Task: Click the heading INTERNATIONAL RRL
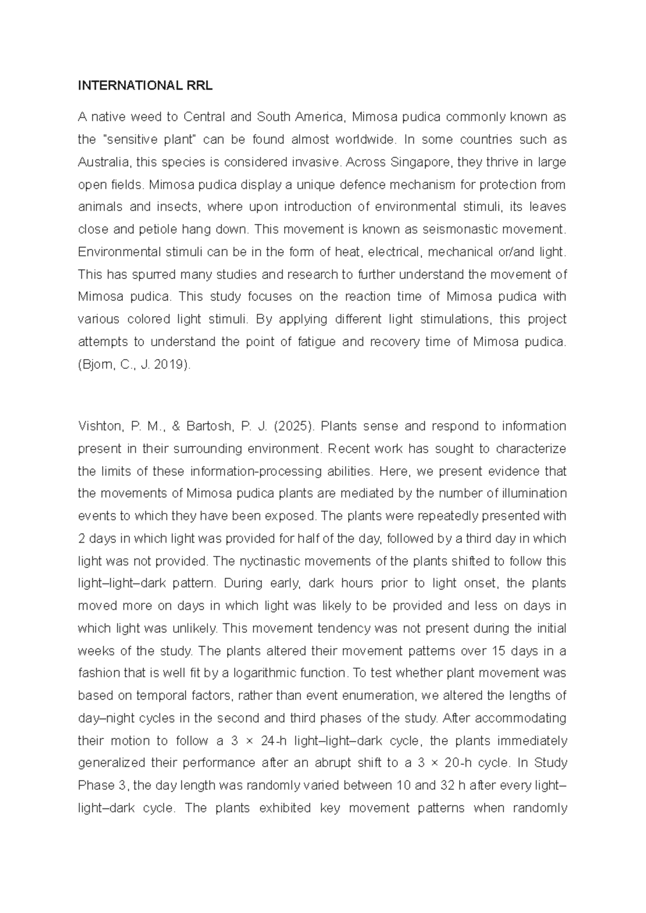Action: (145, 86)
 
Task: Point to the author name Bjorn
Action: (96, 364)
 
